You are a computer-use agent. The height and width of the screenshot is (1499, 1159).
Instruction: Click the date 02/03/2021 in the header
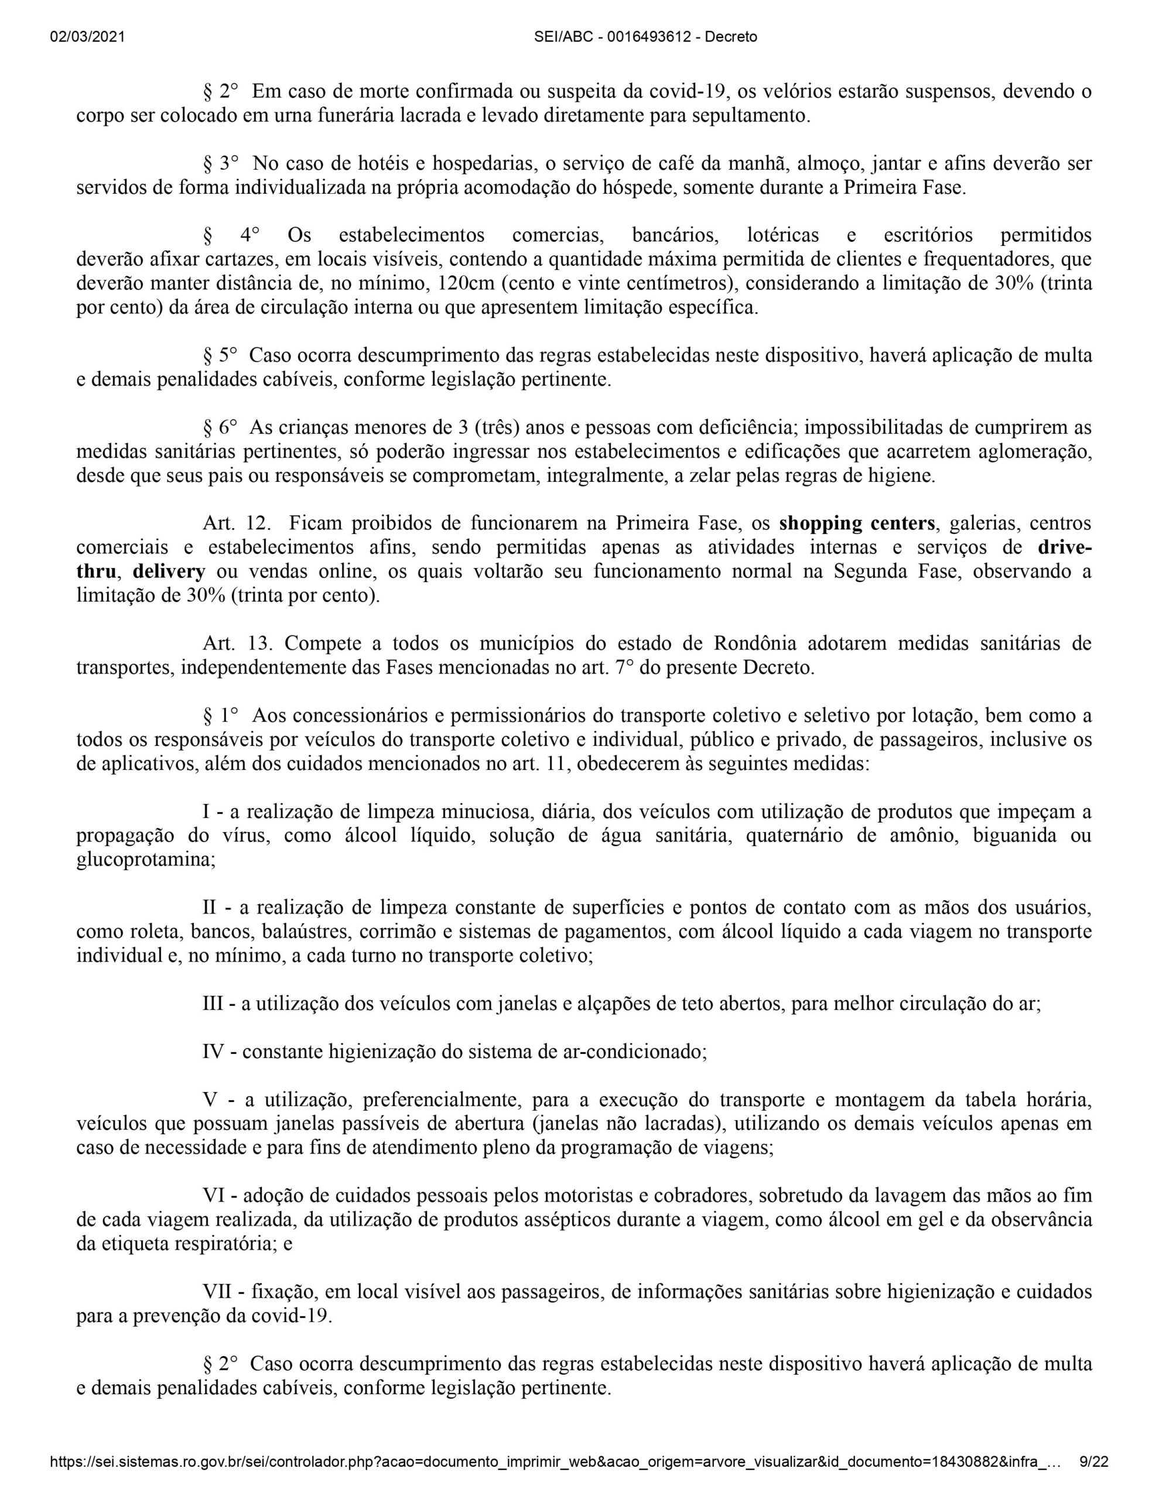tap(87, 37)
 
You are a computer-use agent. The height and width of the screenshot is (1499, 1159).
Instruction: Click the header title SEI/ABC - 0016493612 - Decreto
tap(645, 37)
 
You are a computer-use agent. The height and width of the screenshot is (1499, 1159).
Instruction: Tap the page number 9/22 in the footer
tap(1094, 1463)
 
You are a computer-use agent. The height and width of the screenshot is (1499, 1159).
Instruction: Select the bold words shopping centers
tap(857, 523)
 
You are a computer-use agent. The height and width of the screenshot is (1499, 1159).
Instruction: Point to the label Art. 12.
tap(235, 523)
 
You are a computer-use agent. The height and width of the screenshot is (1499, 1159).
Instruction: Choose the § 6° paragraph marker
tap(220, 427)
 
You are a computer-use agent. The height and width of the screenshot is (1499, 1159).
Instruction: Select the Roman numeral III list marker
tap(214, 1004)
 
